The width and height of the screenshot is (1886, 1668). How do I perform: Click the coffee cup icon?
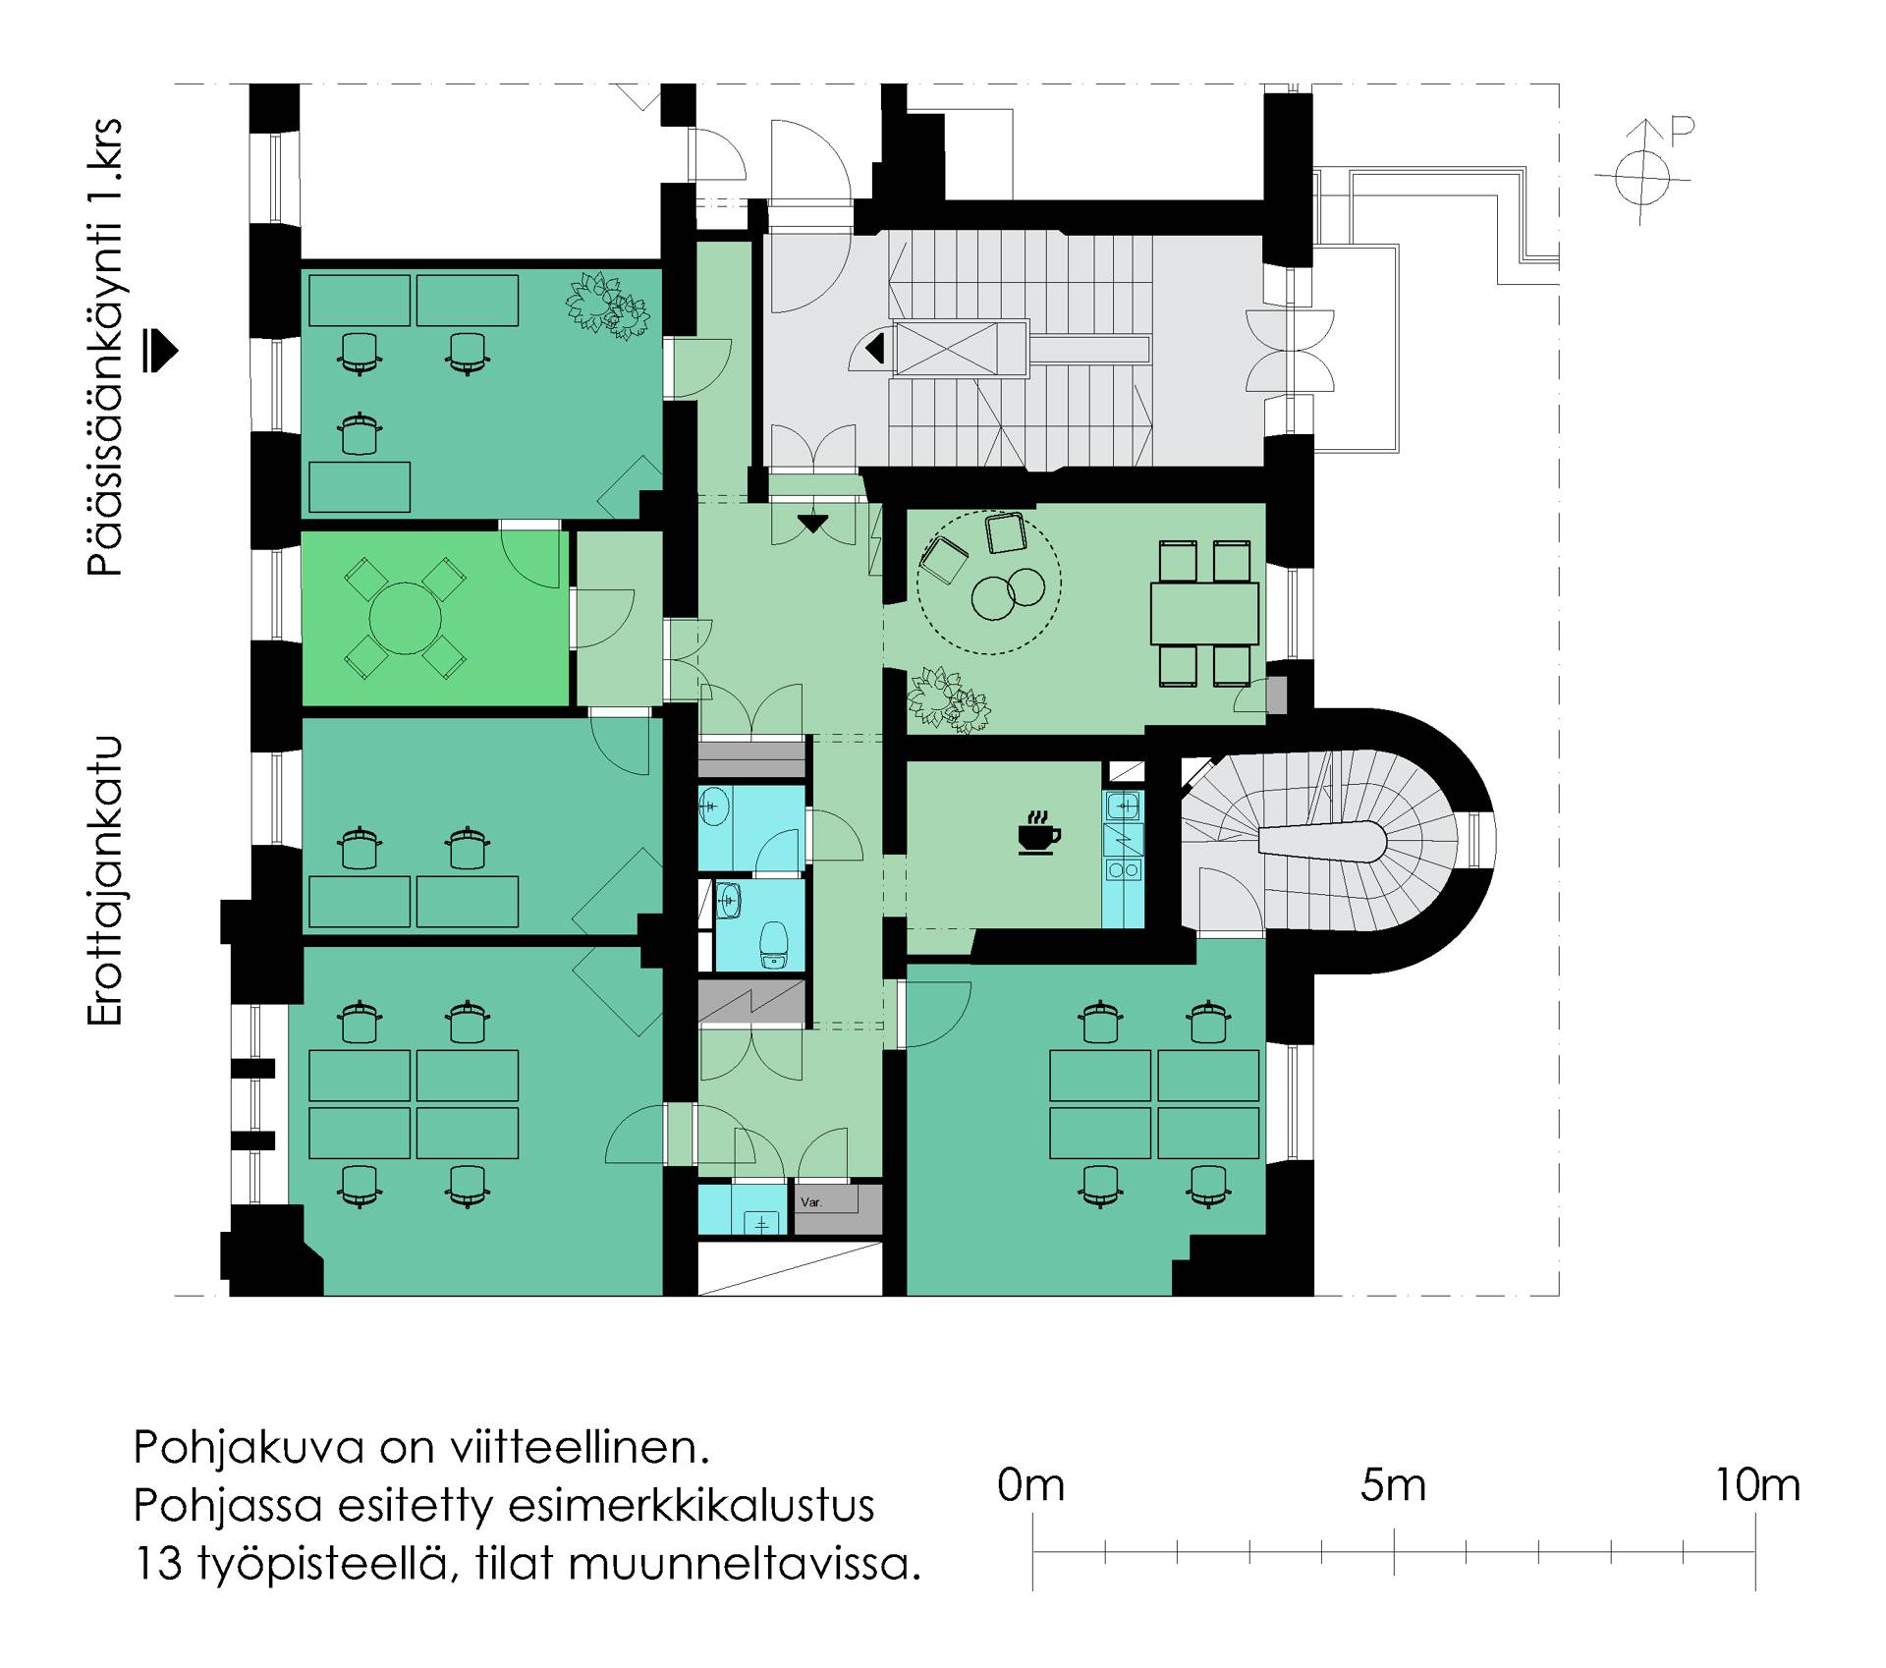coord(1038,834)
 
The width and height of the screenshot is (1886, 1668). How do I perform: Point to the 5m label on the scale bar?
coord(1393,1486)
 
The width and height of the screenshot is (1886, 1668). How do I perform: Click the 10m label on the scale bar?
coord(1757,1486)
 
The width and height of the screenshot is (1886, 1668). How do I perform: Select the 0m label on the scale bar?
coord(1030,1486)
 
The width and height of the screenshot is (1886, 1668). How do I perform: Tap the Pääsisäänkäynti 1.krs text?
coord(104,347)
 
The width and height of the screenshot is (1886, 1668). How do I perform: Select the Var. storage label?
coord(811,1202)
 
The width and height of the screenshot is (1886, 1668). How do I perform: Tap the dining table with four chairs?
coord(1204,613)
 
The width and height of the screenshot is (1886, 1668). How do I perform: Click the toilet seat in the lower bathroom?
coord(774,944)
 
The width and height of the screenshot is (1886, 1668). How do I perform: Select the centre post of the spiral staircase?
coord(1322,842)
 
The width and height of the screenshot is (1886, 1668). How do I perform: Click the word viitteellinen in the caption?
coord(580,1447)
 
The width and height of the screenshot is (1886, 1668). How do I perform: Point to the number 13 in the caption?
coord(158,1563)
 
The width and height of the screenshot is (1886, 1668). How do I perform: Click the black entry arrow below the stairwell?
coord(813,524)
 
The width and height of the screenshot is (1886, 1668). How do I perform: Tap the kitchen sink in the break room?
coord(1123,806)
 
